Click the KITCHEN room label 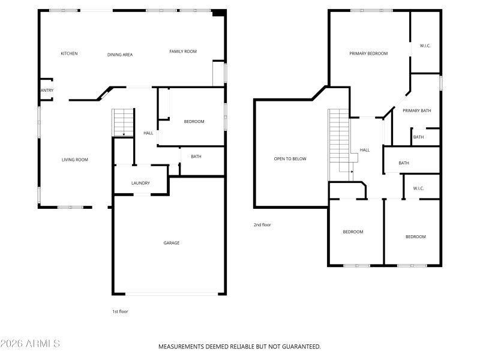(x=69, y=54)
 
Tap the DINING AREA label (x=120, y=55)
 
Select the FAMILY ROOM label (x=183, y=52)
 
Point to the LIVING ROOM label (x=75, y=160)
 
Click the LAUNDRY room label (x=140, y=183)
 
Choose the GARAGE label (x=172, y=243)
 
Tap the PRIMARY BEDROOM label (x=368, y=53)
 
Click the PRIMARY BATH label (x=416, y=110)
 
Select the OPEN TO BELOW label (x=290, y=159)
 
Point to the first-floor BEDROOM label (x=194, y=122)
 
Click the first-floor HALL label (x=148, y=133)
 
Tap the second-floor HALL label (x=364, y=150)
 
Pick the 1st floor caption (x=120, y=311)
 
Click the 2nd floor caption (x=262, y=225)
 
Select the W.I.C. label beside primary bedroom (x=425, y=46)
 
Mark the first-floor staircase (x=123, y=122)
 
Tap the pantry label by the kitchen (x=47, y=91)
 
